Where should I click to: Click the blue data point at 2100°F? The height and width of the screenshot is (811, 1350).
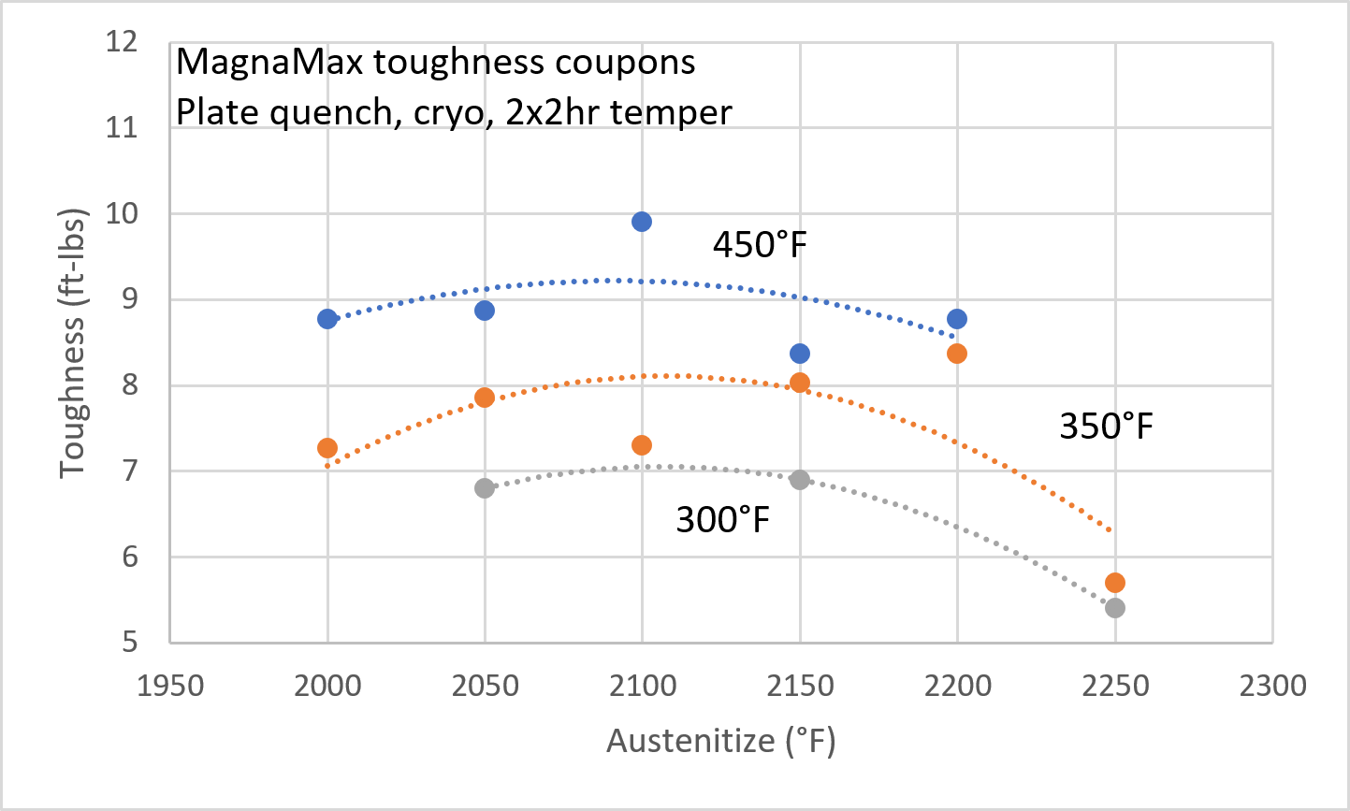tap(642, 222)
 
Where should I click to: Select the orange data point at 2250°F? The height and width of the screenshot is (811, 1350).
tap(1114, 583)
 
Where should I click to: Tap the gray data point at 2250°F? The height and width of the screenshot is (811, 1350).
tap(1114, 608)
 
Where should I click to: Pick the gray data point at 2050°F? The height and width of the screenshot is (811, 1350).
tap(485, 487)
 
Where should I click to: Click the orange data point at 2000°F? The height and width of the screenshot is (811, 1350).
tap(327, 448)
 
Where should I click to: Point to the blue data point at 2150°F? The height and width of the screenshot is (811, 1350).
tap(800, 354)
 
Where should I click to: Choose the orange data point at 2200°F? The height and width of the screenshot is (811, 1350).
tap(957, 354)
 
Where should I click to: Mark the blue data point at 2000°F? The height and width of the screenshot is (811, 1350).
tap(327, 319)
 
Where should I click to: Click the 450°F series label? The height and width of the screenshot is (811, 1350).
tap(760, 245)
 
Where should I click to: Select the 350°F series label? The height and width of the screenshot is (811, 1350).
tap(1106, 427)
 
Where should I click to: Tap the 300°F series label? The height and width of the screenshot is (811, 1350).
tap(722, 519)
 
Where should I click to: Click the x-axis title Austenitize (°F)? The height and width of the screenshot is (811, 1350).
tap(720, 741)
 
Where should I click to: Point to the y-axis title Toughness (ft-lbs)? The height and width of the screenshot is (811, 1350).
tap(73, 342)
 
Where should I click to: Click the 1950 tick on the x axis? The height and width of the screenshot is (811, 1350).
tap(170, 686)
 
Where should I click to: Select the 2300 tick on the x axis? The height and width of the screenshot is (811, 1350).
tap(1271, 686)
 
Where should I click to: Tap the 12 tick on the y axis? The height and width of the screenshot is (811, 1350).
tap(123, 42)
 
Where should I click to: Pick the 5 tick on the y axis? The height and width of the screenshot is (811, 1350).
tap(129, 643)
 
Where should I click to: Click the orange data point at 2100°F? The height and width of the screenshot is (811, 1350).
tap(642, 445)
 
